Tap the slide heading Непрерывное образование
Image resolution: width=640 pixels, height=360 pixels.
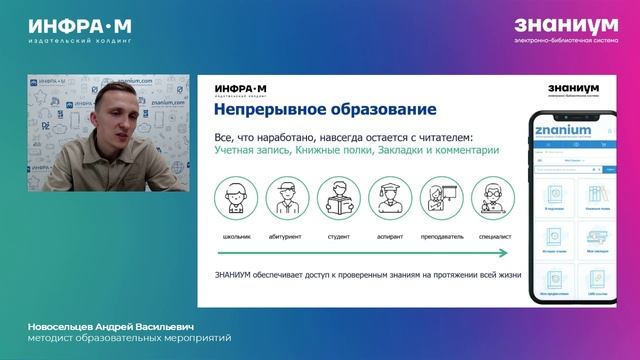[312, 109]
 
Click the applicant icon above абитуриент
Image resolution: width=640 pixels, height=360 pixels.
[288, 196]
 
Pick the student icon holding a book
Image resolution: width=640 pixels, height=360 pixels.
[338, 196]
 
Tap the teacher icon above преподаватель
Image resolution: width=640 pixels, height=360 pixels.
[440, 196]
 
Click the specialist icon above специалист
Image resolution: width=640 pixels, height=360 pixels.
[491, 196]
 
